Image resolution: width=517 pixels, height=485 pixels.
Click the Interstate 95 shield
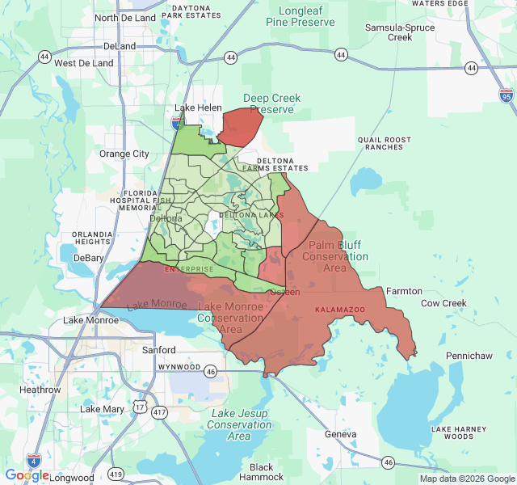pyautogui.click(x=506, y=95)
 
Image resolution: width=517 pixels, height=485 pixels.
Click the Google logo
pyautogui.click(x=27, y=475)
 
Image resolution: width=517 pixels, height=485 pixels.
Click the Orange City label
pyautogui.click(x=124, y=154)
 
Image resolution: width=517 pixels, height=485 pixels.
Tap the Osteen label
pyautogui.click(x=284, y=292)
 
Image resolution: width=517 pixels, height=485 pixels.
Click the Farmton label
pyautogui.click(x=404, y=291)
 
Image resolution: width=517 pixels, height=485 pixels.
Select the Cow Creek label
pyautogui.click(x=443, y=303)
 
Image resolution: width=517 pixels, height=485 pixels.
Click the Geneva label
pyautogui.click(x=340, y=434)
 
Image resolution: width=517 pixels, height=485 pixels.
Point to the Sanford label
pyautogui.click(x=158, y=350)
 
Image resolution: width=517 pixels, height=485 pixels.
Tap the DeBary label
pyautogui.click(x=89, y=258)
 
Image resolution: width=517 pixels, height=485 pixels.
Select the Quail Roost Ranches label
pyautogui.click(x=385, y=143)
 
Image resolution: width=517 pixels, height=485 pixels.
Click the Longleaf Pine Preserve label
pyautogui.click(x=301, y=16)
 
